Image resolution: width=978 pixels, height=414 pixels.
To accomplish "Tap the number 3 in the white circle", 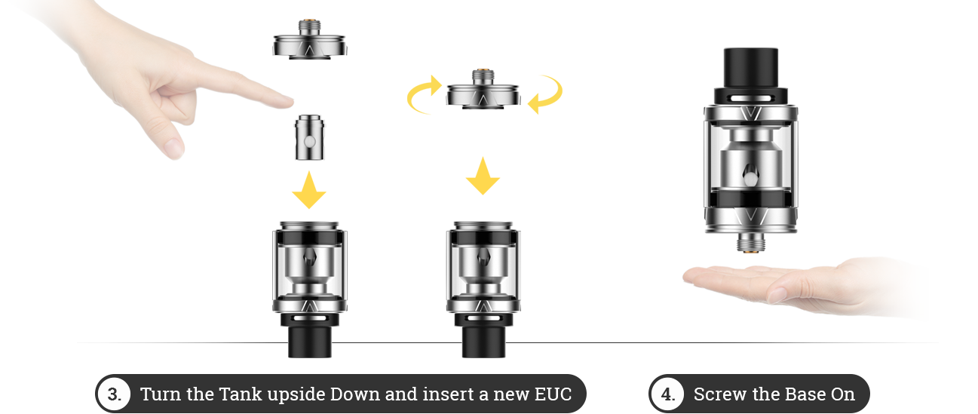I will coord(114,394).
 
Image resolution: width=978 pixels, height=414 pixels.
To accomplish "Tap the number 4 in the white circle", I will coord(667,394).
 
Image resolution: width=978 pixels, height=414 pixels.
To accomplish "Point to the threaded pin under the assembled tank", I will coord(749,242).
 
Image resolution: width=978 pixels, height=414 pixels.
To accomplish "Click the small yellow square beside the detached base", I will coord(544,95).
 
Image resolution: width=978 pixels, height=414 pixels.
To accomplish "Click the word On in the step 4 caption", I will coord(844,394).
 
